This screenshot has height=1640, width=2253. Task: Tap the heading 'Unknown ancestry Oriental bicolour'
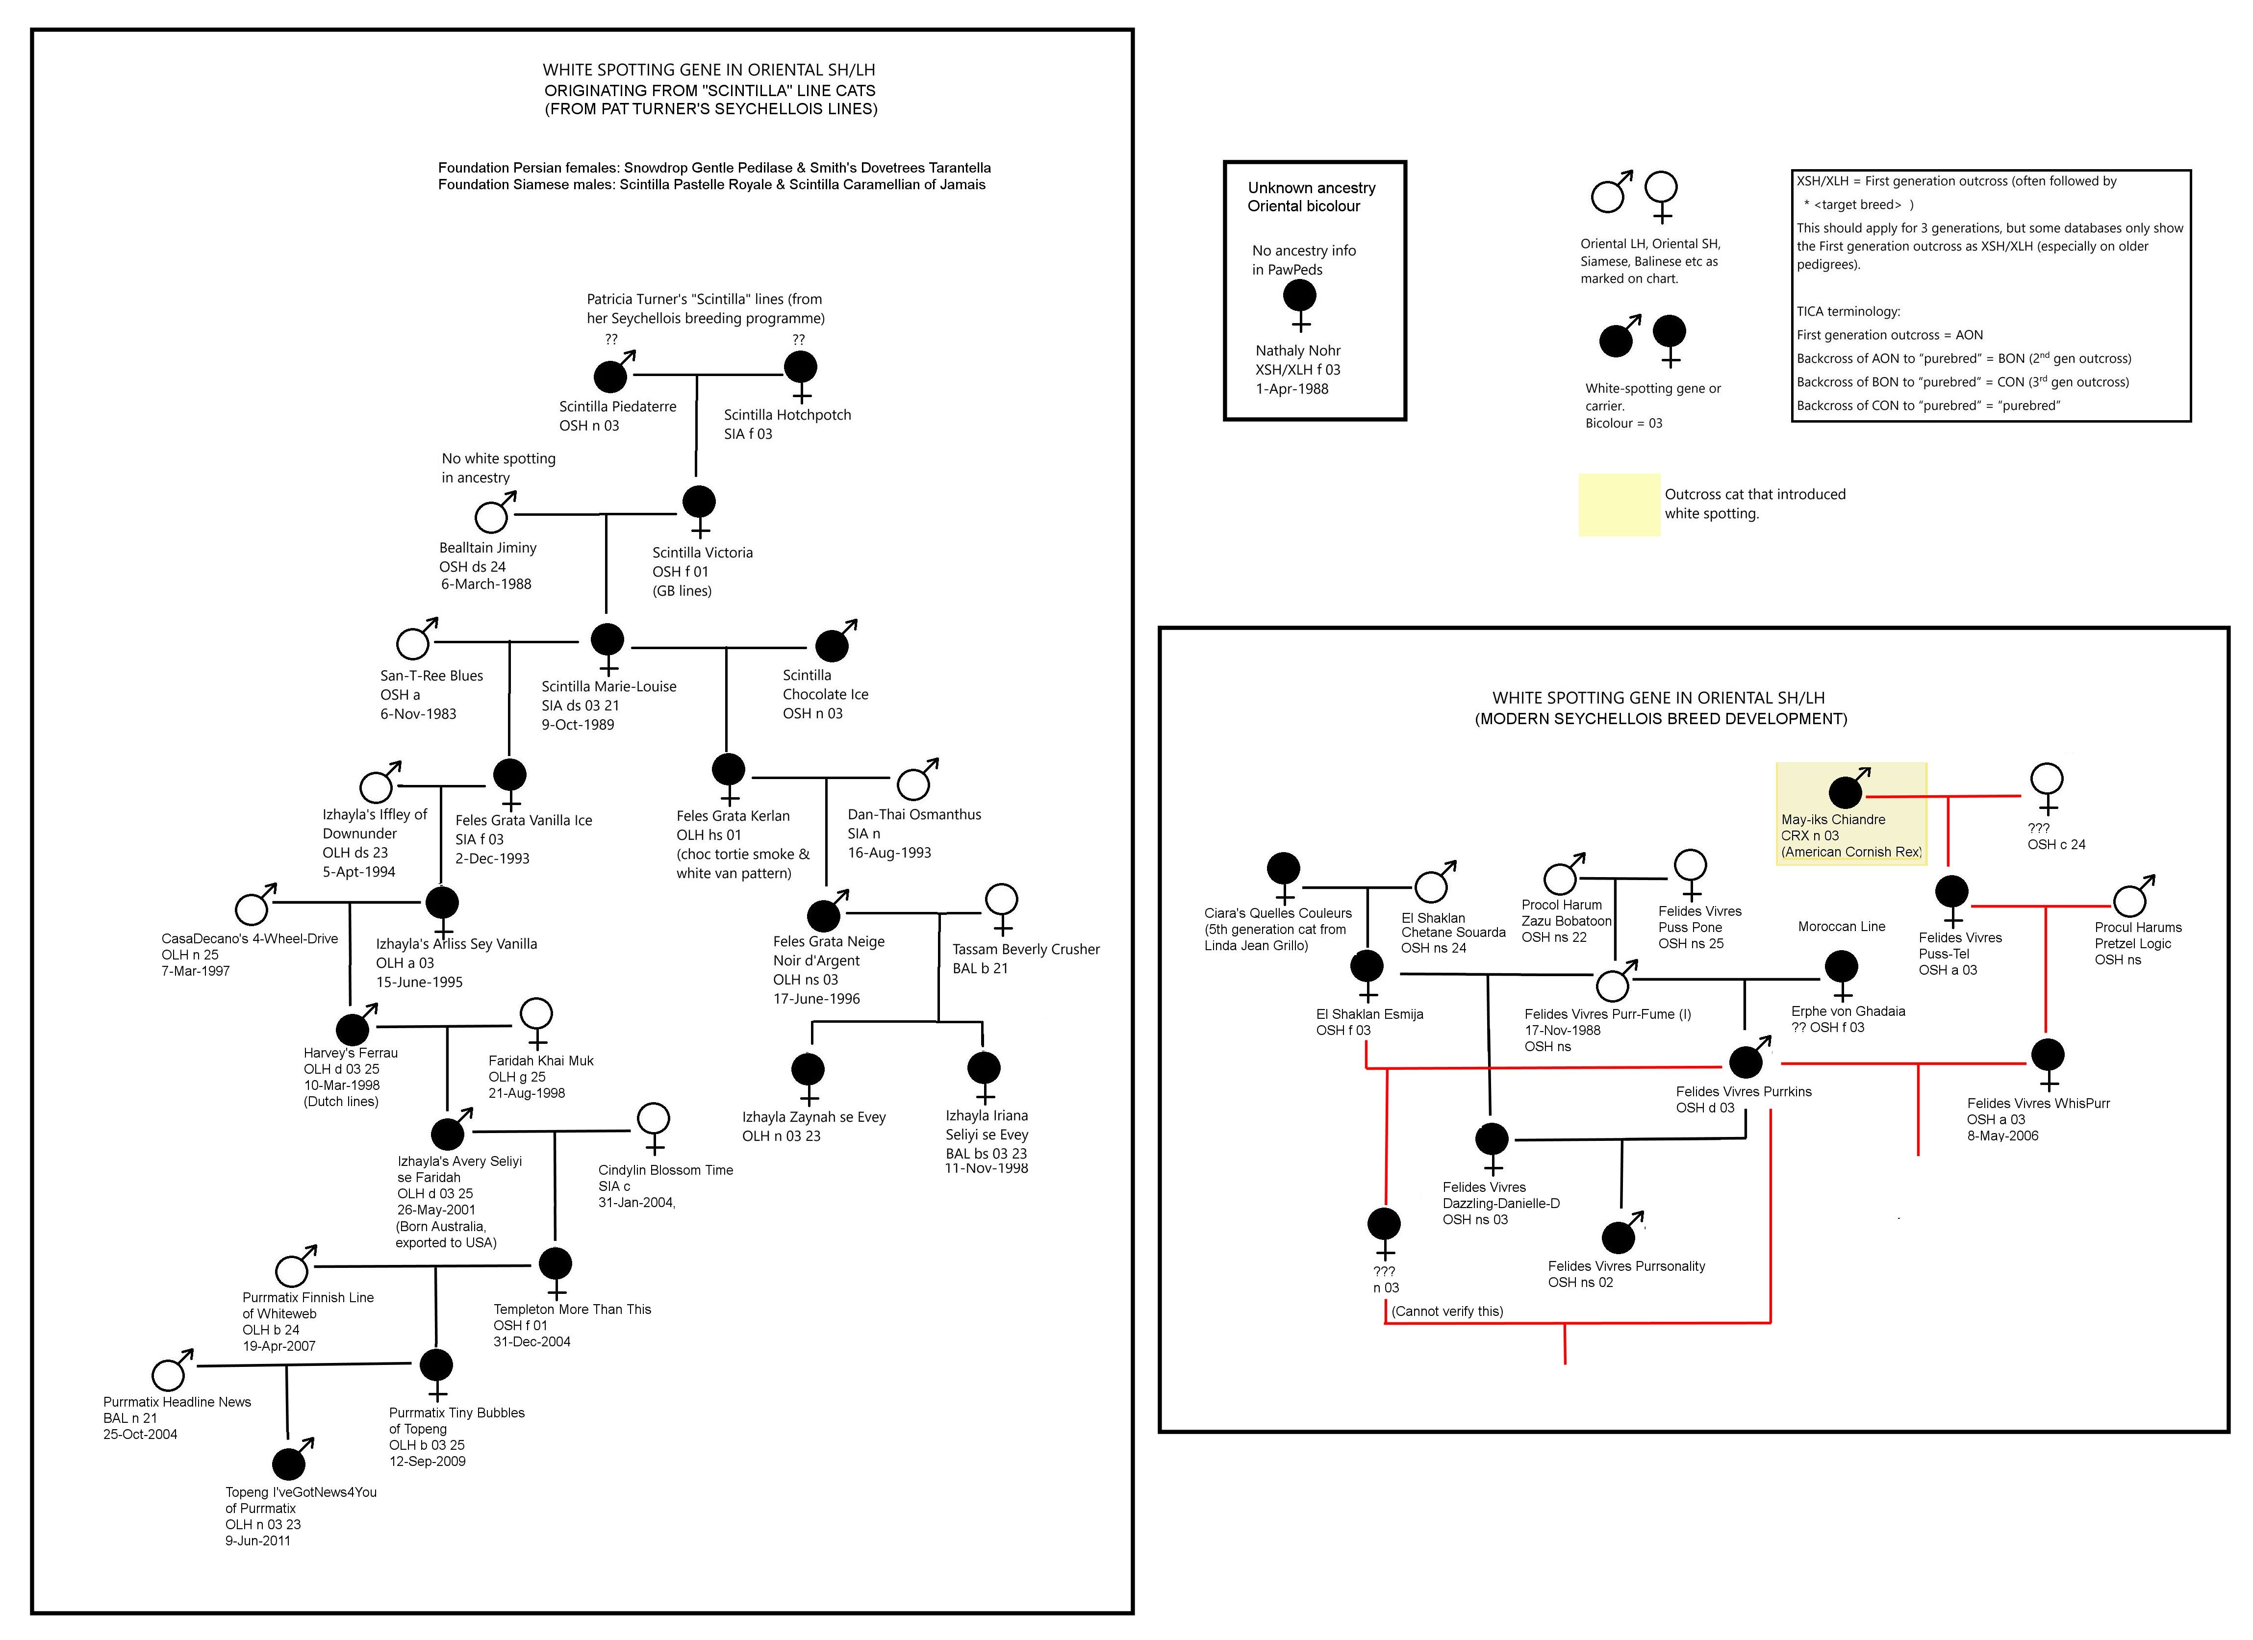coord(1311,197)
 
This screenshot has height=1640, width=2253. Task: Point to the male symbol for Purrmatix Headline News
coord(169,1374)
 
